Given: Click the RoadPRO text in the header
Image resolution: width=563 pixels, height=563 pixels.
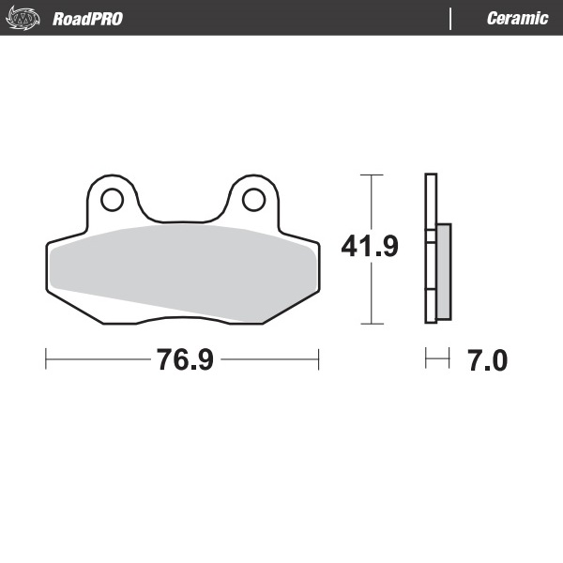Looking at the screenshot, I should pyautogui.click(x=87, y=19).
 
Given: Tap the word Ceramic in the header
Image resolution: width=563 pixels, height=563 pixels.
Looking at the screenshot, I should pyautogui.click(x=517, y=19).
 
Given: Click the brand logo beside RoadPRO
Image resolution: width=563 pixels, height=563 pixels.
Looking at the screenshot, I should pyautogui.click(x=25, y=19).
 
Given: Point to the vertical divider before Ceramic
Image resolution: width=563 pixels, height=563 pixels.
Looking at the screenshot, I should pyautogui.click(x=452, y=19).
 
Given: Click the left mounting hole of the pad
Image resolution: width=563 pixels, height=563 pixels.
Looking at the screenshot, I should pyautogui.click(x=112, y=199).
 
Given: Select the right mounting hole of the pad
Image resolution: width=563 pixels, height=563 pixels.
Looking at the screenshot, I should pyautogui.click(x=252, y=199).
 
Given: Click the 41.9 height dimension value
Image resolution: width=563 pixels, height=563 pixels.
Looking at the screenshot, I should pyautogui.click(x=370, y=247).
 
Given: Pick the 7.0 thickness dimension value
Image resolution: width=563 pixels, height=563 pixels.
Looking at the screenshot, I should pyautogui.click(x=487, y=359).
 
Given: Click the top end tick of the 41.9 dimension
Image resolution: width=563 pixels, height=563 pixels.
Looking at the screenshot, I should pyautogui.click(x=373, y=175).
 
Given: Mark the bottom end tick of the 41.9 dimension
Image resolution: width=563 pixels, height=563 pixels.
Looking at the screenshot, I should pyautogui.click(x=373, y=324).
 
